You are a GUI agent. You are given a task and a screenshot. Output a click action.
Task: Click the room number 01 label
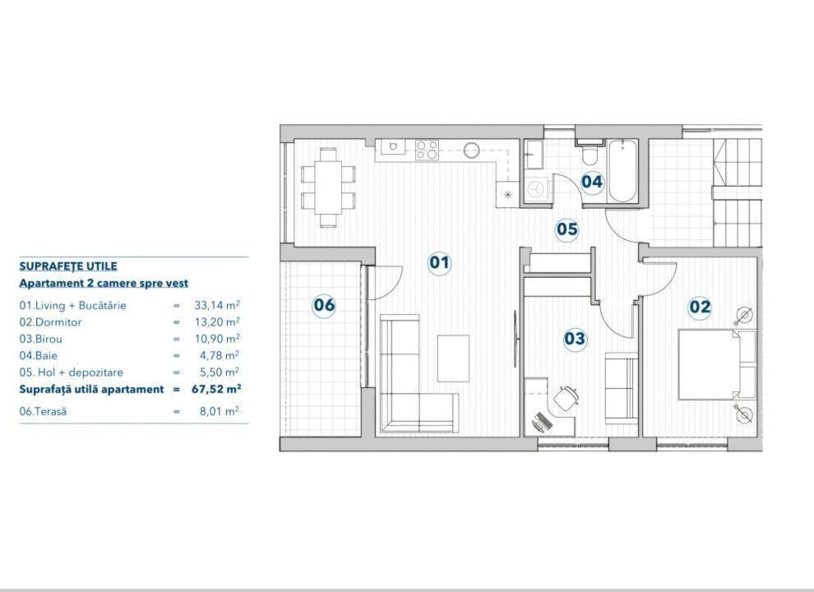439,262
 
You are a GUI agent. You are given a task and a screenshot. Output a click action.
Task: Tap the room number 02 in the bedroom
699,307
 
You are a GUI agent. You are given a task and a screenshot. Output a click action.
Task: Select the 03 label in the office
575,339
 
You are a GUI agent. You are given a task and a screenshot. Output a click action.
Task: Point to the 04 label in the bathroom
592,182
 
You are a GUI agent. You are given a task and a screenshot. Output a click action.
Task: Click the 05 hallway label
567,229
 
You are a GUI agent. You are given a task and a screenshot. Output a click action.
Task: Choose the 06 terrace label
324,304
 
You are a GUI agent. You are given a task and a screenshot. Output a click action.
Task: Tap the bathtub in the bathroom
622,170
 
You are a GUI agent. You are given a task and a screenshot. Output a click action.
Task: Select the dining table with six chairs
328,187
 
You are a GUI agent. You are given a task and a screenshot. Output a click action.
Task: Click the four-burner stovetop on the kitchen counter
427,150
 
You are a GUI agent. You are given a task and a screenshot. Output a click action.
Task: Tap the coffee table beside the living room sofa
453,358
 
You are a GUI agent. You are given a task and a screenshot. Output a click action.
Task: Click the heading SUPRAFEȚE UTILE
68,266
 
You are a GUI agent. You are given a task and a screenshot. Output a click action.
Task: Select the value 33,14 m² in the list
217,305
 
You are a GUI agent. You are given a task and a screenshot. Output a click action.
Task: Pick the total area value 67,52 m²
216,389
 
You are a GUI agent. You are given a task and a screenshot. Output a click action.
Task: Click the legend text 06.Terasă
43,411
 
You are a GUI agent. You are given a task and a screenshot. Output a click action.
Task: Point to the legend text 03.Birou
40,339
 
